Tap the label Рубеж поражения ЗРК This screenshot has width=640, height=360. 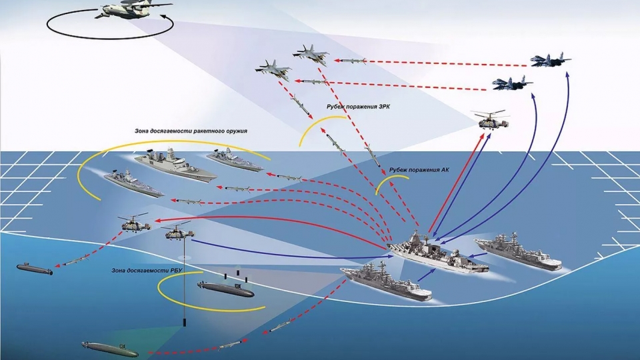coord(357,107)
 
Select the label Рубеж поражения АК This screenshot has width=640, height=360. coord(418,170)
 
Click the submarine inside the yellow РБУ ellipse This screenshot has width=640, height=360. coord(225,289)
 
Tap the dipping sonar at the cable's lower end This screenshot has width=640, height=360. coord(185,323)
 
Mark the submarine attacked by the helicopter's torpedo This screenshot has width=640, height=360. coord(35,269)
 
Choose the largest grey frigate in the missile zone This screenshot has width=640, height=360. coord(175,167)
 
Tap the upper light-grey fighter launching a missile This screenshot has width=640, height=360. coord(311,53)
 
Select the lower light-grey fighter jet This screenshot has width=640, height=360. coord(274,69)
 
